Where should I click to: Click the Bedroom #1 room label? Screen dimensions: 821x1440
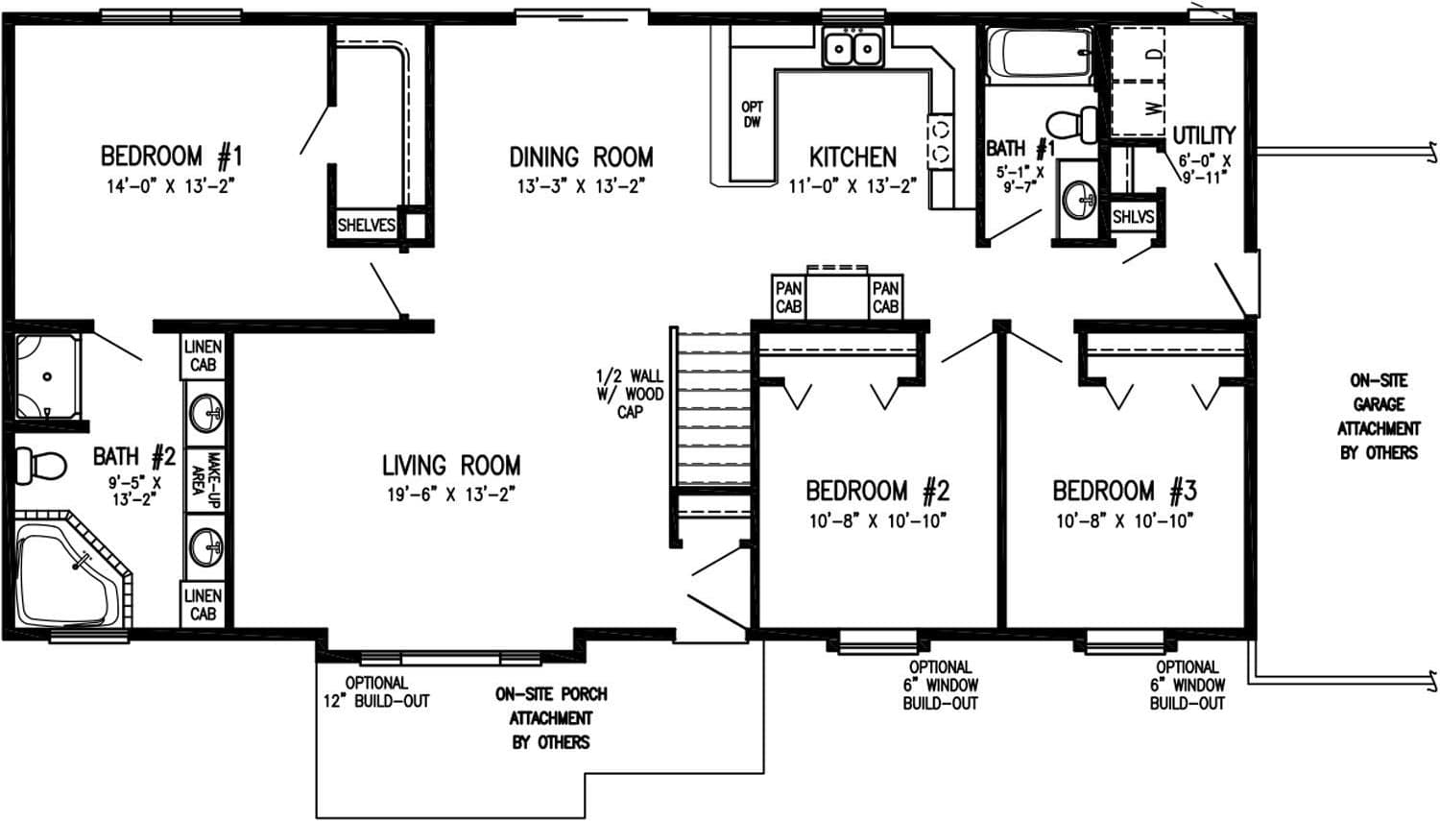pyautogui.click(x=172, y=156)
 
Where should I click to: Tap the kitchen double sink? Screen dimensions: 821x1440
pyautogui.click(x=852, y=48)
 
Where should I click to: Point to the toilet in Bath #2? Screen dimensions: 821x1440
pyautogui.click(x=39, y=467)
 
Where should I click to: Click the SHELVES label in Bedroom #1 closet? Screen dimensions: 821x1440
pyautogui.click(x=366, y=226)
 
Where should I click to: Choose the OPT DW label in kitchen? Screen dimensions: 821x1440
pyautogui.click(x=752, y=115)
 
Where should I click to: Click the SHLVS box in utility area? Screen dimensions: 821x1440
pyautogui.click(x=1133, y=218)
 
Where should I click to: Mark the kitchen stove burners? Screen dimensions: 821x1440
pyautogui.click(x=940, y=140)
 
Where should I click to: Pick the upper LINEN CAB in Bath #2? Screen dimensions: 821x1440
pyautogui.click(x=203, y=356)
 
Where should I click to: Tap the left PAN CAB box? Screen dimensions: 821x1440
pyautogui.click(x=788, y=297)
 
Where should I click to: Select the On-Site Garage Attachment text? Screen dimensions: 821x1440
pyautogui.click(x=1378, y=416)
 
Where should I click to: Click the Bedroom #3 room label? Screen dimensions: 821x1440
pyautogui.click(x=1124, y=492)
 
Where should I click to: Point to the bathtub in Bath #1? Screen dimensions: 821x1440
pyautogui.click(x=1041, y=57)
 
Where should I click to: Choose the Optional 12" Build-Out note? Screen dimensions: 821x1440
pyautogui.click(x=376, y=691)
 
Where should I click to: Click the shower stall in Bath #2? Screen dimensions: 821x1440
pyautogui.click(x=48, y=375)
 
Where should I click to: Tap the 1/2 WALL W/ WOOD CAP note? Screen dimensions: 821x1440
pyautogui.click(x=630, y=394)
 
